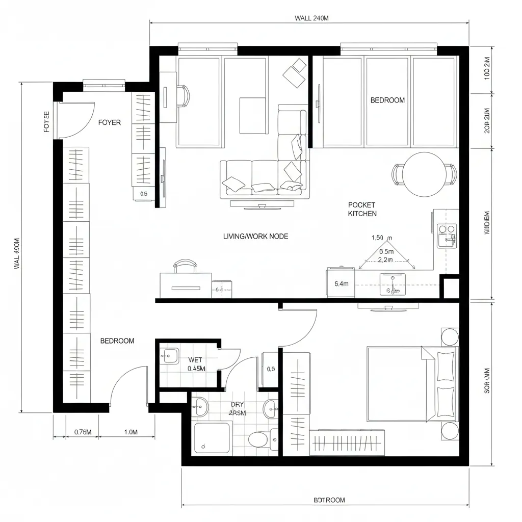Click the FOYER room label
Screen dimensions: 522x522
coord(110,122)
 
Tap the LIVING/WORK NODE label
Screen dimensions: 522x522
coord(255,236)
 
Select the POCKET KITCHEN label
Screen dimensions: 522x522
coord(362,209)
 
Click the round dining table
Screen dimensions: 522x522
coord(424,174)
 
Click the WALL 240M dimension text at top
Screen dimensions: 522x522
coord(311,18)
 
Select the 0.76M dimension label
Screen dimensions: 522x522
coord(83,432)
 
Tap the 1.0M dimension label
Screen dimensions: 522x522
coord(131,432)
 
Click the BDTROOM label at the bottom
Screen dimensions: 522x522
coord(329,500)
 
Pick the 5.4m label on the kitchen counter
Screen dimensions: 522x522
coord(341,283)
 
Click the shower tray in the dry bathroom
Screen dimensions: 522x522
coord(213,438)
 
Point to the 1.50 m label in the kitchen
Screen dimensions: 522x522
coord(382,238)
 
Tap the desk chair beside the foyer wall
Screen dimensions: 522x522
coord(184,96)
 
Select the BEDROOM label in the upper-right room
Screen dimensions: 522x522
coord(387,100)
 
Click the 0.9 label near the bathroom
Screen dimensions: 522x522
coord(271,369)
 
